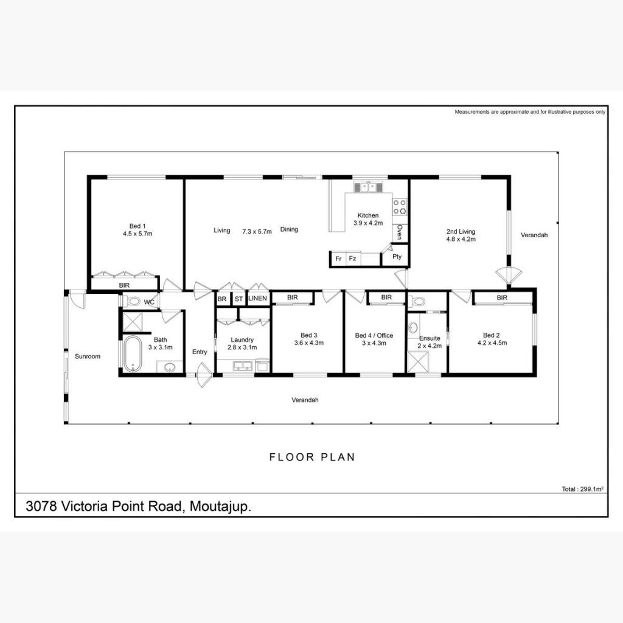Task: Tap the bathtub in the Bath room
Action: point(132,354)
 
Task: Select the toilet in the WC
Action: point(133,302)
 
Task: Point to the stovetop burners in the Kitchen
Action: point(400,207)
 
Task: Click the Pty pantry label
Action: point(397,257)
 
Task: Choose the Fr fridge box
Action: point(338,259)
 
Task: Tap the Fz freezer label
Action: point(352,259)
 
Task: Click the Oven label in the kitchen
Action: point(400,232)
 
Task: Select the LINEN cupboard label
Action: point(257,298)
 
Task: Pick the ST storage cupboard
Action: point(238,299)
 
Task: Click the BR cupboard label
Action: point(222,299)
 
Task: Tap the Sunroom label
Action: point(88,357)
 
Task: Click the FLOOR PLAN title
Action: point(312,458)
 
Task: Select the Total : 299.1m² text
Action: point(582,489)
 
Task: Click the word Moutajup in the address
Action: point(220,507)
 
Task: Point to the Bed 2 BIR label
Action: point(502,298)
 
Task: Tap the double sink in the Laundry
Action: point(242,366)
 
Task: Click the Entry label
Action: point(200,352)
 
